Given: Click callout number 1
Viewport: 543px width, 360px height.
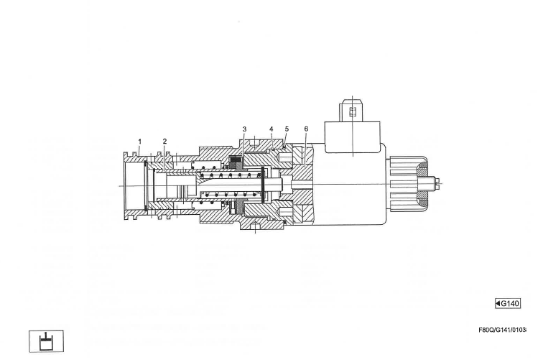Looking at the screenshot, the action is [x=140, y=142].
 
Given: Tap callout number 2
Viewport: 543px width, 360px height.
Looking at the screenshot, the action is [x=165, y=141].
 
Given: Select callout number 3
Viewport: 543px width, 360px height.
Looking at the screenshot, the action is [x=244, y=129].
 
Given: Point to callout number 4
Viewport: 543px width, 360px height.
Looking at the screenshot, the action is [x=271, y=129].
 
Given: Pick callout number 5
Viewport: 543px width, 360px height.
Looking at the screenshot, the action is [x=287, y=129].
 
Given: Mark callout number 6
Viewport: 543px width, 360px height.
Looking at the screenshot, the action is [x=306, y=129].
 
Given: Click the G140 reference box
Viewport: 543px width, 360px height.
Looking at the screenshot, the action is [x=508, y=303].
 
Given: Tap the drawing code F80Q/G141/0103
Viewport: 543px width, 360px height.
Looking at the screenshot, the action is [x=503, y=330].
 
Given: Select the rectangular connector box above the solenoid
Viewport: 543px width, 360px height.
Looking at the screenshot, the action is [x=352, y=137].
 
